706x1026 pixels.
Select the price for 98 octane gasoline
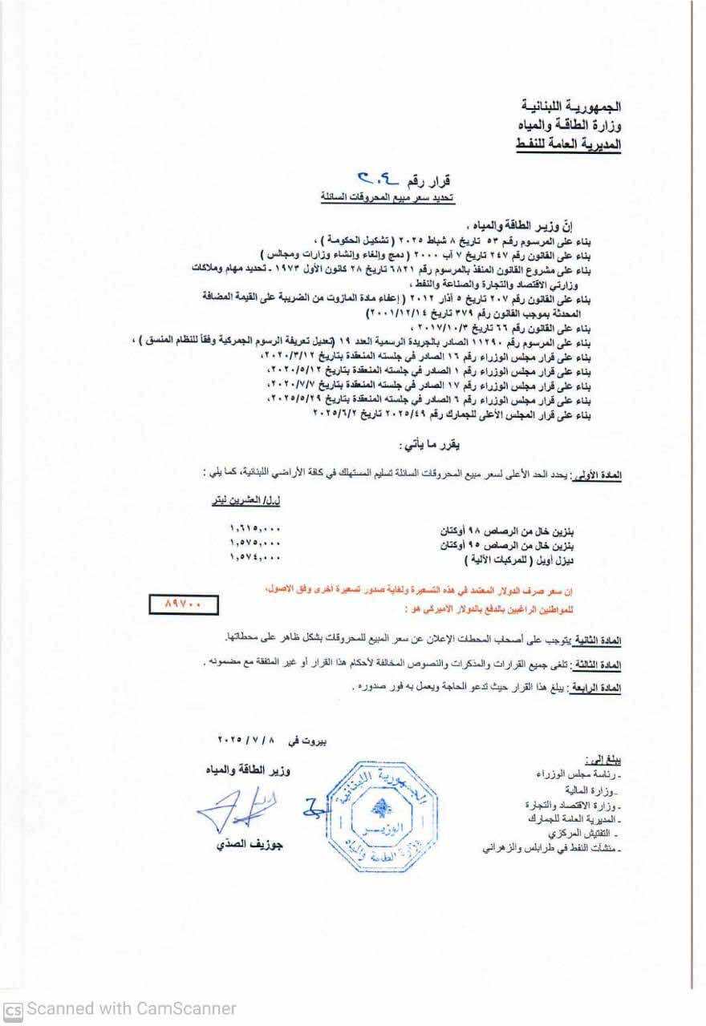coord(255,530)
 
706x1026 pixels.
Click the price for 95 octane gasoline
coord(255,545)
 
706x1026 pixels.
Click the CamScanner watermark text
coord(120,1008)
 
